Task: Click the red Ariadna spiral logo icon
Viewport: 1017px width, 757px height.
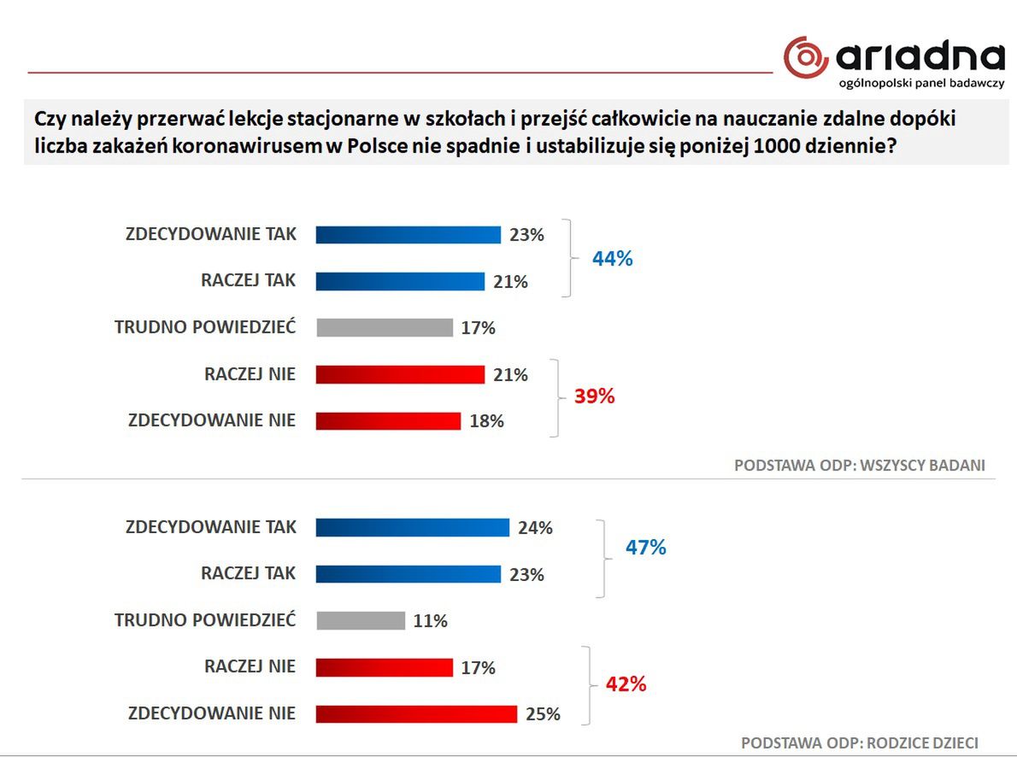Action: [x=805, y=57]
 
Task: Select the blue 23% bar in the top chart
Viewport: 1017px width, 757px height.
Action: [x=408, y=235]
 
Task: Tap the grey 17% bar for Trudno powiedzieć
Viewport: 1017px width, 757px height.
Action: [x=384, y=327]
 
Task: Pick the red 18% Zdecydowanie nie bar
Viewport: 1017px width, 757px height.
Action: [x=388, y=420]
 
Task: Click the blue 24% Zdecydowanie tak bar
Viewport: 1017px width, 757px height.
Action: [x=412, y=527]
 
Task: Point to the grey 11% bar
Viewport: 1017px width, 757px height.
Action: [x=360, y=620]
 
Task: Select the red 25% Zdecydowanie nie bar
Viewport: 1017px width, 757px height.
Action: [x=416, y=713]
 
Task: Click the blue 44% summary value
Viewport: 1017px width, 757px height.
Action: [x=613, y=259]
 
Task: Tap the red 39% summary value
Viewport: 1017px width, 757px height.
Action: [x=594, y=396]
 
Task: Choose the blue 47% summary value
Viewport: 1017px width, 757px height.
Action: [x=645, y=547]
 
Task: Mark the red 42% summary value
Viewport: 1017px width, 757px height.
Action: [x=626, y=684]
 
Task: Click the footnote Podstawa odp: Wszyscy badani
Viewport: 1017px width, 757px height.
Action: [x=860, y=466]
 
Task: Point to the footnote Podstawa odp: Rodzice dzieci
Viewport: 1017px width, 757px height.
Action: [x=859, y=742]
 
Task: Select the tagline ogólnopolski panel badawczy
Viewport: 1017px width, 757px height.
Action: [x=921, y=84]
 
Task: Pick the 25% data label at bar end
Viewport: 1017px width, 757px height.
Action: [x=543, y=713]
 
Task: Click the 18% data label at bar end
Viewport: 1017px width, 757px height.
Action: [x=486, y=420]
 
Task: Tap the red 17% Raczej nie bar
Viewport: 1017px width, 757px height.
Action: [x=384, y=667]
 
